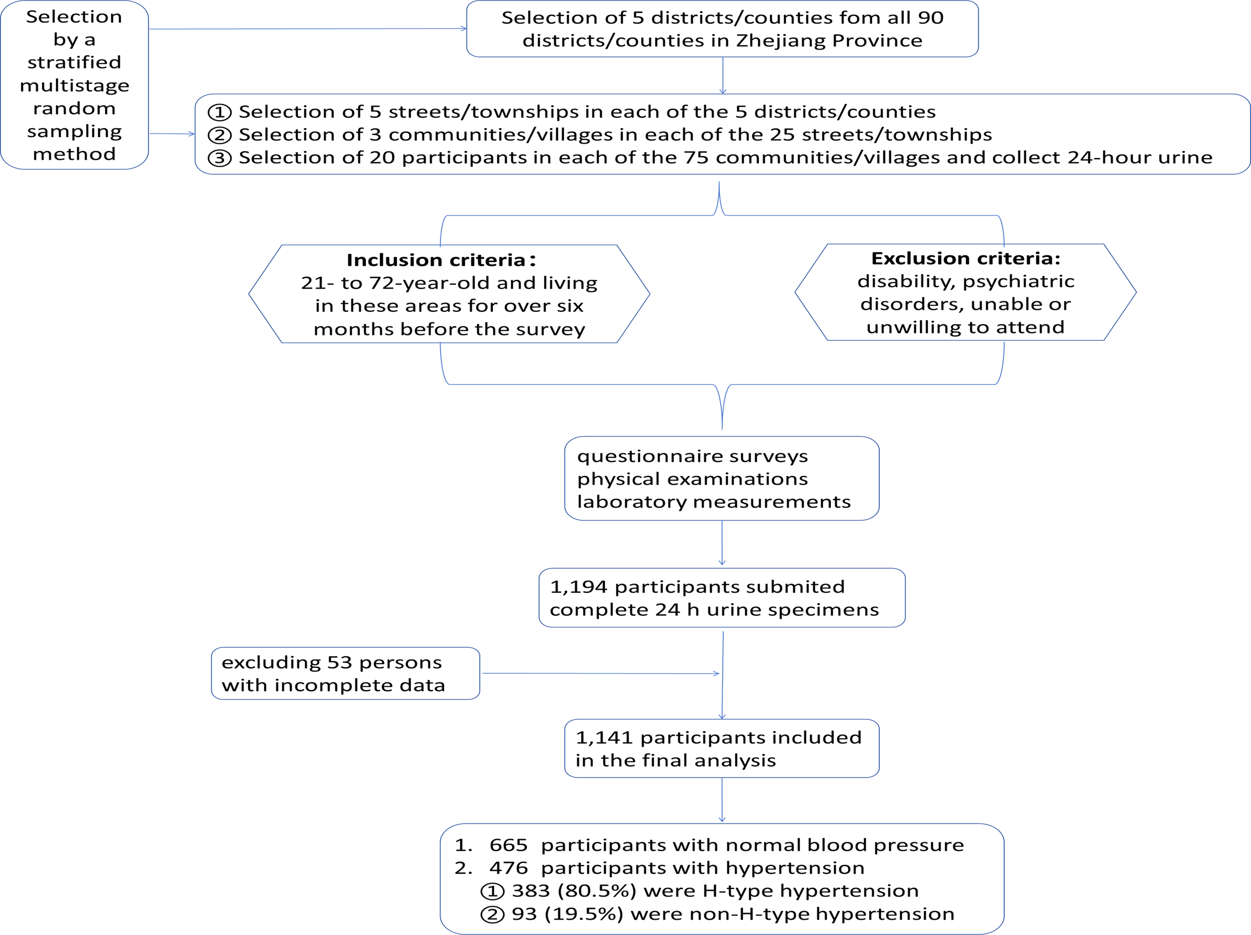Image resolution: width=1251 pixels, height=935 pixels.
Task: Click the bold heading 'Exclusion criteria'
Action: [965, 258]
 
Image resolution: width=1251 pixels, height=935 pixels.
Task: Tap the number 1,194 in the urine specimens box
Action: [578, 587]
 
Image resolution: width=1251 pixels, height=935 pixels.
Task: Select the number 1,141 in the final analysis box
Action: [603, 738]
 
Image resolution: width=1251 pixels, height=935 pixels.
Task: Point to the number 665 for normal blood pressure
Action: [508, 845]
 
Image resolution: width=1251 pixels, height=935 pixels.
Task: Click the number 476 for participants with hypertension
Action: [508, 868]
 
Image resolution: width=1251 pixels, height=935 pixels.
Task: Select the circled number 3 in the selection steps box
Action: [220, 158]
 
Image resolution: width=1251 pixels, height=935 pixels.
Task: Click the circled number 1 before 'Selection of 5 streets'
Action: [220, 112]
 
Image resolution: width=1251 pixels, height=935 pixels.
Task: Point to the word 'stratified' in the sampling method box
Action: [74, 62]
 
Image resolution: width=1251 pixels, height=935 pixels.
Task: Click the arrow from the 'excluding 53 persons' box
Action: [599, 674]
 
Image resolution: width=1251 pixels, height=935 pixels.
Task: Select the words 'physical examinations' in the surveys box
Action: [692, 479]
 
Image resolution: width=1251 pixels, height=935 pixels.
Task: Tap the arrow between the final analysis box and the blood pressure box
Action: [722, 800]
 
